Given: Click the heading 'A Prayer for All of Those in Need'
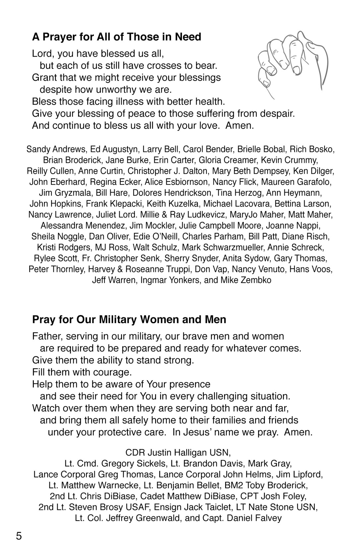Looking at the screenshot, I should (116, 37).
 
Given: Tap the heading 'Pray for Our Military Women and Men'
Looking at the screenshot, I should (129, 319).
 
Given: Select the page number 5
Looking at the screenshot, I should (19, 536).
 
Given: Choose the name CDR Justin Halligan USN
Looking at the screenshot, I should (178, 453).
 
